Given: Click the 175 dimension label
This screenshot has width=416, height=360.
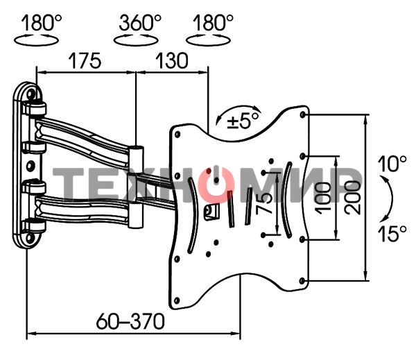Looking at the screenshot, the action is pyautogui.click(x=85, y=61).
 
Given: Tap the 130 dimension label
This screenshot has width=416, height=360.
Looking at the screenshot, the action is pyautogui.click(x=172, y=61).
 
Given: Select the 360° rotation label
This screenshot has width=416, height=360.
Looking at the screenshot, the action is pyautogui.click(x=140, y=23).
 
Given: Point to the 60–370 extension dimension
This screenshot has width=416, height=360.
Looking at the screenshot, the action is pyautogui.click(x=130, y=321).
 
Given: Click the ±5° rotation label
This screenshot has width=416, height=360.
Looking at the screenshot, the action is pyautogui.click(x=243, y=121).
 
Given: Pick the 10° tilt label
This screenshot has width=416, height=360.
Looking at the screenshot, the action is pyautogui.click(x=392, y=164).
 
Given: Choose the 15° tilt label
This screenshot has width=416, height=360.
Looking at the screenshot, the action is pyautogui.click(x=392, y=234).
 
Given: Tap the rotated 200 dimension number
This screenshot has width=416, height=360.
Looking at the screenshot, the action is pyautogui.click(x=353, y=197).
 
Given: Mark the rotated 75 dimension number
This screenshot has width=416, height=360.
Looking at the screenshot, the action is pyautogui.click(x=264, y=203).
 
